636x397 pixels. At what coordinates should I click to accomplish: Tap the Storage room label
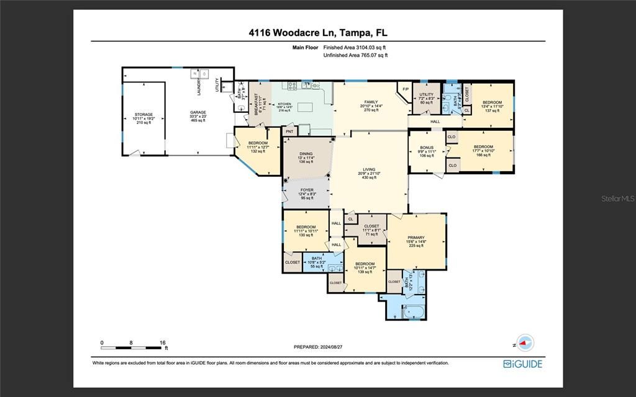[143, 115]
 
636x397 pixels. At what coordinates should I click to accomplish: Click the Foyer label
[307, 190]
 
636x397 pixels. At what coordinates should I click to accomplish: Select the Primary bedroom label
[416, 238]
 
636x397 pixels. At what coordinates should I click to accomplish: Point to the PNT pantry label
[289, 132]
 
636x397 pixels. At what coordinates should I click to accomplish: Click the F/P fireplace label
[406, 89]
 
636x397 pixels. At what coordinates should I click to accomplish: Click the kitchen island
[306, 107]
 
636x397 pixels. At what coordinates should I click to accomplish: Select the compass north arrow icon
[525, 342]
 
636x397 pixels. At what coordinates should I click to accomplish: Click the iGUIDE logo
[522, 364]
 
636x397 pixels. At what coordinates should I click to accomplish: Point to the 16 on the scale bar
[162, 342]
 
